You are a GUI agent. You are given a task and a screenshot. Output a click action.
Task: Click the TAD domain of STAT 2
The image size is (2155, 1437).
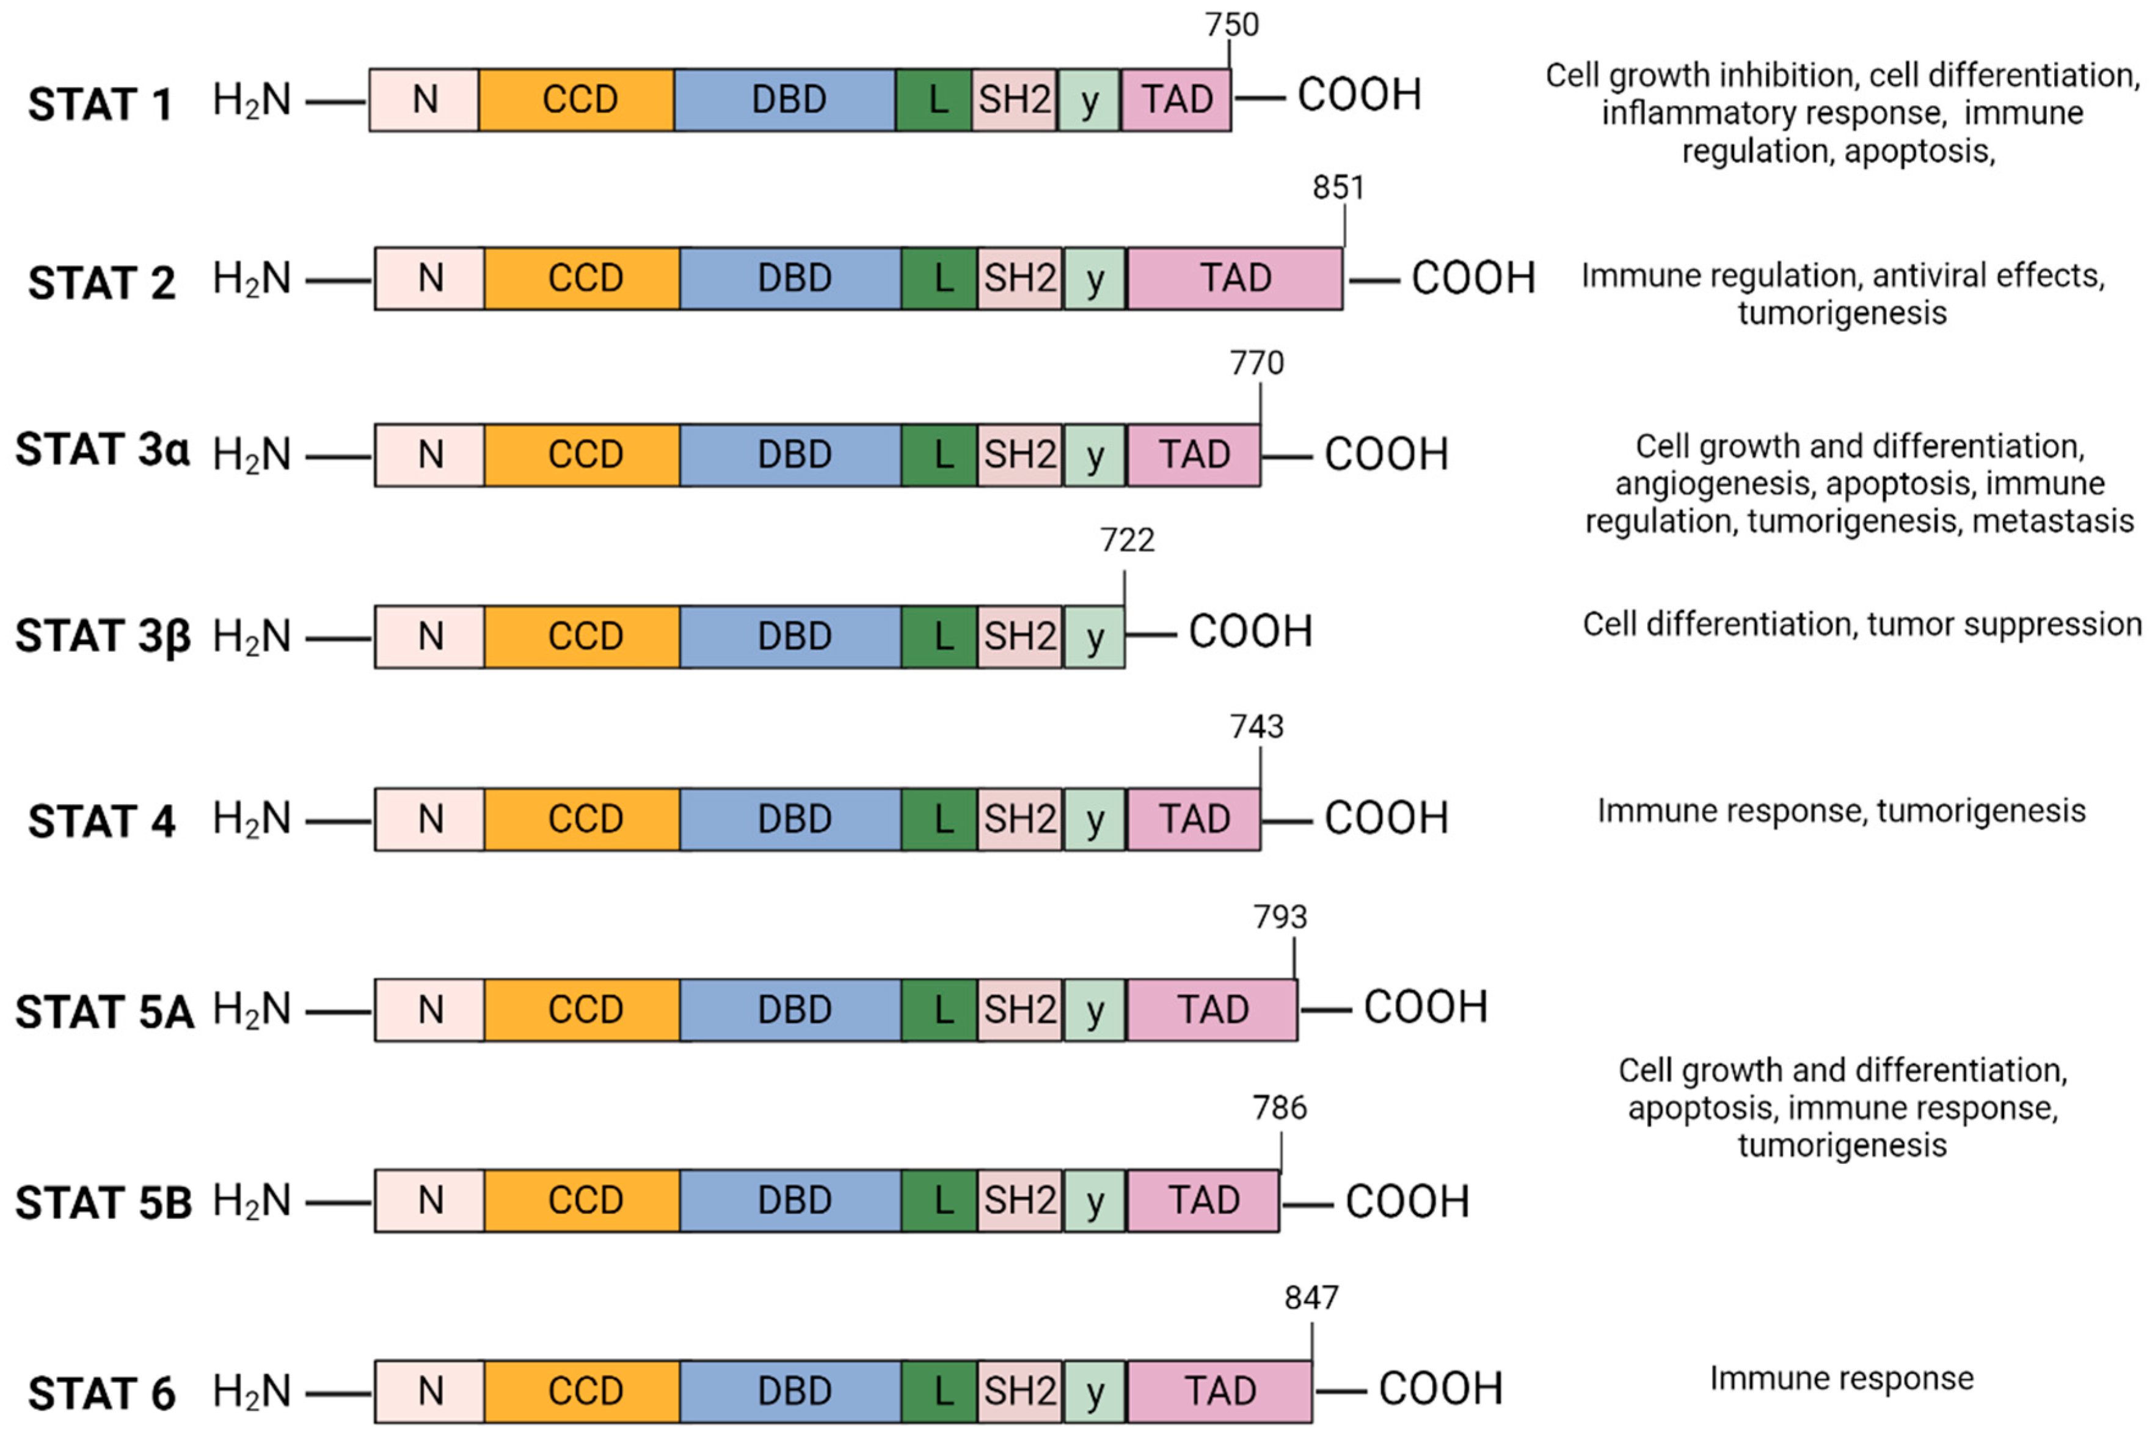pyautogui.click(x=1235, y=277)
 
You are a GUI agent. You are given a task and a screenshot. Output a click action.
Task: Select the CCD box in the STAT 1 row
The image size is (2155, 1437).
pyautogui.click(x=579, y=99)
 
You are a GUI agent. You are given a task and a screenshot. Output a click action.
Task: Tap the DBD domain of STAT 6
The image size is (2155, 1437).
pyautogui.click(x=793, y=1391)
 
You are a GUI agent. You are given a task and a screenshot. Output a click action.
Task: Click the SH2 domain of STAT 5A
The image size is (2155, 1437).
pyautogui.click(x=1020, y=1009)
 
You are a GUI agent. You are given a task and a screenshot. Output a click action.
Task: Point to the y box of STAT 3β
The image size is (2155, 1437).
pyautogui.click(x=1094, y=637)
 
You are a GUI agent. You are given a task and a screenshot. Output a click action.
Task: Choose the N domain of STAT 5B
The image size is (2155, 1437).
pyautogui.click(x=430, y=1200)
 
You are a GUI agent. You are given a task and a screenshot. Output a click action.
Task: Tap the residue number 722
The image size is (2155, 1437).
pyautogui.click(x=1127, y=541)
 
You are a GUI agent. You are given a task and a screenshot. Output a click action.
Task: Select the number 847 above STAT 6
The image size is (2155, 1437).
pyautogui.click(x=1311, y=1298)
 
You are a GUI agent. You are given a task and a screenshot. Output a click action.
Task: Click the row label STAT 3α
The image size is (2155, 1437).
pyautogui.click(x=101, y=450)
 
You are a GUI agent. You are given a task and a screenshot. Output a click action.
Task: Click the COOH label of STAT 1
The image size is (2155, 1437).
pyautogui.click(x=1358, y=95)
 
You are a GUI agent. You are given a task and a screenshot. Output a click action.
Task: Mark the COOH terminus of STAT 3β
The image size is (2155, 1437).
pyautogui.click(x=1250, y=632)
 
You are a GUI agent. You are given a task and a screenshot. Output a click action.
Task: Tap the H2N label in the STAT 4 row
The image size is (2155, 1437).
pyautogui.click(x=251, y=819)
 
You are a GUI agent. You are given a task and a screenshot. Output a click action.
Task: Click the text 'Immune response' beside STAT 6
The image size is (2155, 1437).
pyautogui.click(x=1842, y=1378)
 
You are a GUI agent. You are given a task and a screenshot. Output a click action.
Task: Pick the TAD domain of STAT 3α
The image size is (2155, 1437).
pyautogui.click(x=1194, y=455)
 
